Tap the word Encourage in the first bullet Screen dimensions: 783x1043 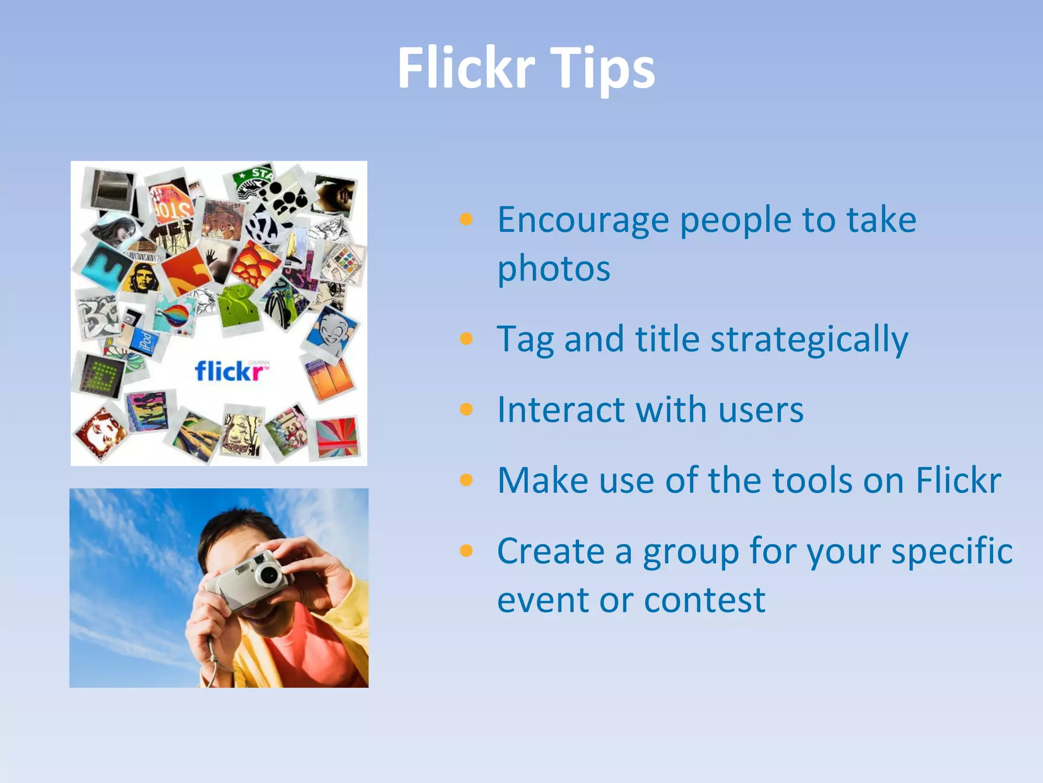tap(583, 220)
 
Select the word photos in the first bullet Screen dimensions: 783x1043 tap(554, 269)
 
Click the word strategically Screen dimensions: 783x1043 tap(809, 340)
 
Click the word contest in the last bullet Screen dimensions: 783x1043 tap(705, 600)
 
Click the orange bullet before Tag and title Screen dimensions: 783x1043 tap(466, 338)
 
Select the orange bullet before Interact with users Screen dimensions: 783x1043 tap(466, 409)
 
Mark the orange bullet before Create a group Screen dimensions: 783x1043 tap(466, 551)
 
